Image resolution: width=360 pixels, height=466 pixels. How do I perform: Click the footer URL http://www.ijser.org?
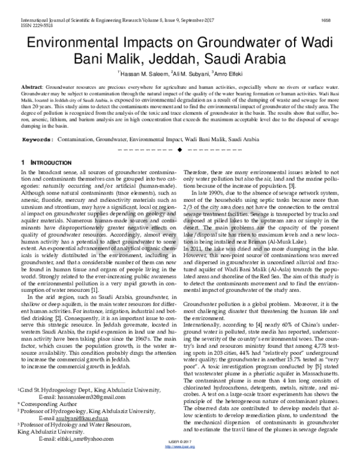tap(180, 462)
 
